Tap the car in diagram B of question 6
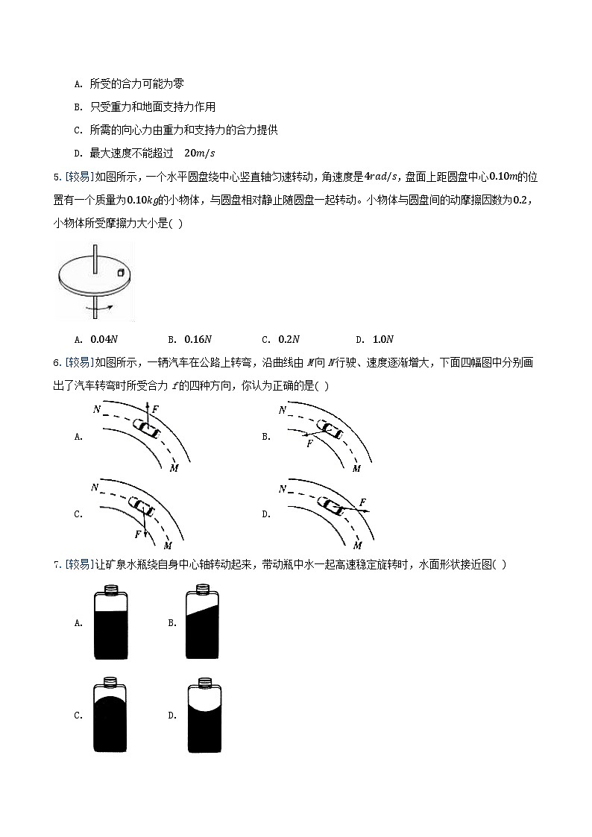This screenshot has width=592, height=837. [x=328, y=427]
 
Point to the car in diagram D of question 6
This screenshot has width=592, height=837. [x=332, y=505]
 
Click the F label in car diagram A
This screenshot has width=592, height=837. [x=155, y=409]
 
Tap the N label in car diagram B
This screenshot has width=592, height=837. [x=282, y=410]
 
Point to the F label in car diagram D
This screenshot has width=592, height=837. [x=362, y=502]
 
